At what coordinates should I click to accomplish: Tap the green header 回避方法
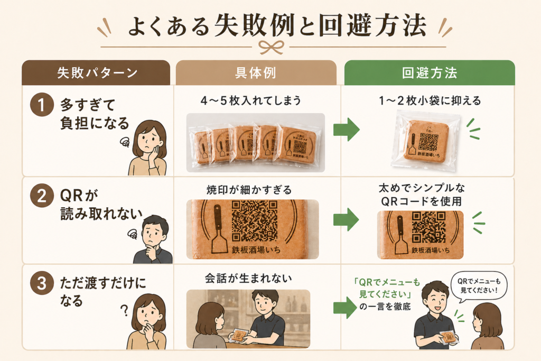pyautogui.click(x=429, y=73)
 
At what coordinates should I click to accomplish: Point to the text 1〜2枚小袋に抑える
pyautogui.click(x=428, y=100)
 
